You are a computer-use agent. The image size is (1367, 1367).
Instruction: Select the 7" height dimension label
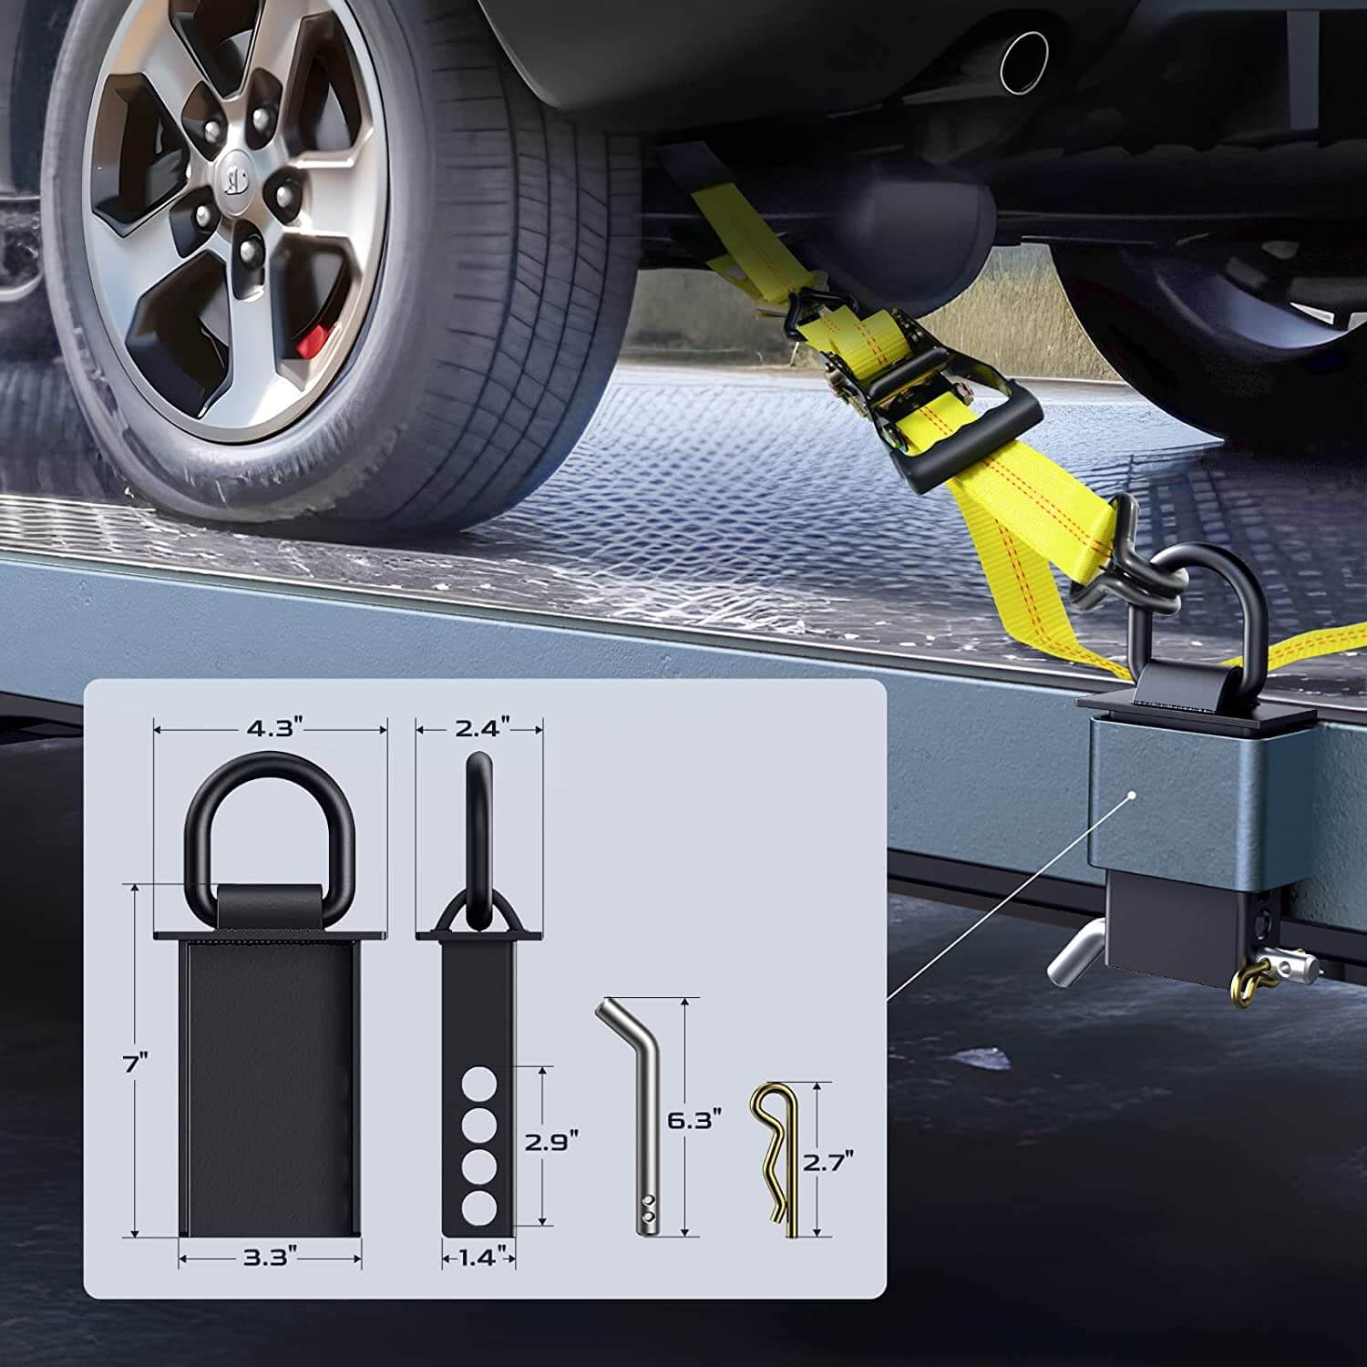tap(136, 1061)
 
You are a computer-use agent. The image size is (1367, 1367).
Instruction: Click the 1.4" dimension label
tap(479, 1259)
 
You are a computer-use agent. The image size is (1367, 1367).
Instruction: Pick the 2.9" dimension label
tap(552, 1141)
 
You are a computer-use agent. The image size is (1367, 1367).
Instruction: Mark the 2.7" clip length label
tap(829, 1161)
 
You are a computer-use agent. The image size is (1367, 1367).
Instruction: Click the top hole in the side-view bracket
tap(478, 1087)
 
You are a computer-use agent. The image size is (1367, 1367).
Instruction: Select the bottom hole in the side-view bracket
tap(478, 1208)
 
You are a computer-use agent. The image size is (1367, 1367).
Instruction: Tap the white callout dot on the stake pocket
tap(1131, 795)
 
